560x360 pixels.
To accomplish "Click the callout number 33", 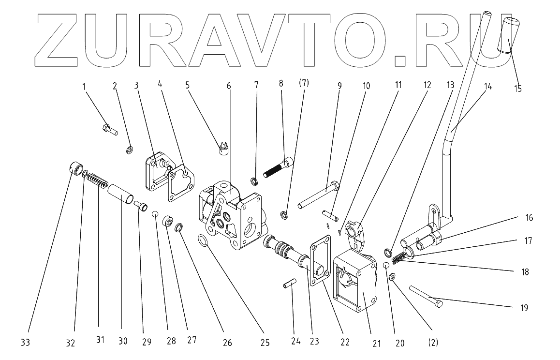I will coord(26,343).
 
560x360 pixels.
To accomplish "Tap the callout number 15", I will coord(518,89).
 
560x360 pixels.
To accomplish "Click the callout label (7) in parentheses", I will coord(304,83).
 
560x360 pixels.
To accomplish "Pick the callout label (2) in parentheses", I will coord(433,343).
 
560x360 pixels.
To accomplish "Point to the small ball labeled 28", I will coord(156,214).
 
